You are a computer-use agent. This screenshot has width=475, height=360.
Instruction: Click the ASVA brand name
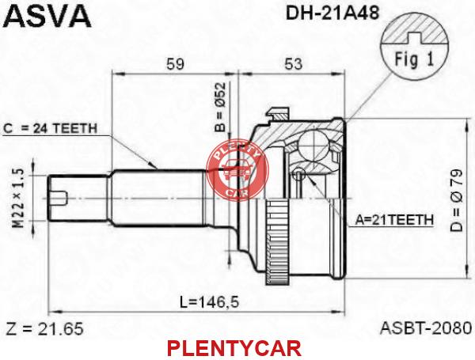click(48, 15)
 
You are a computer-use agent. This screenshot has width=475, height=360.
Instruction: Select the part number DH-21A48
click(332, 13)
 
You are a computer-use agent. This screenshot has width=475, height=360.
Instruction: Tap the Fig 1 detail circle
click(414, 47)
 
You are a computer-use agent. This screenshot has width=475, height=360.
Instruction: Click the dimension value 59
click(176, 64)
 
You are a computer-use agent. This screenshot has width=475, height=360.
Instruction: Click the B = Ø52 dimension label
click(221, 108)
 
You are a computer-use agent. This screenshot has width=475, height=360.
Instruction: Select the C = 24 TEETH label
click(51, 129)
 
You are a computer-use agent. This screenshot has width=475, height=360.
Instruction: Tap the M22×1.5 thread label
click(19, 199)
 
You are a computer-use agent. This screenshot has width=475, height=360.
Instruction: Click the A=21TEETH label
click(394, 219)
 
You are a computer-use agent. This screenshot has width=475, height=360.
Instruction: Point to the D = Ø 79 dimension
click(457, 200)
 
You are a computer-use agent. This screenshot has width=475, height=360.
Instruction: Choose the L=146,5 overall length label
click(209, 301)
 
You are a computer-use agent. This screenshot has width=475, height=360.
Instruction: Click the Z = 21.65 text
click(44, 328)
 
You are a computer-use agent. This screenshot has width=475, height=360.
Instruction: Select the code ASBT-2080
click(426, 328)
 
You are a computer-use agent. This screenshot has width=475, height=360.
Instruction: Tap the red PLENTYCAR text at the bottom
click(234, 348)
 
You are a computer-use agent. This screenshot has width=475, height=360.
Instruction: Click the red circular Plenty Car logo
click(237, 170)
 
